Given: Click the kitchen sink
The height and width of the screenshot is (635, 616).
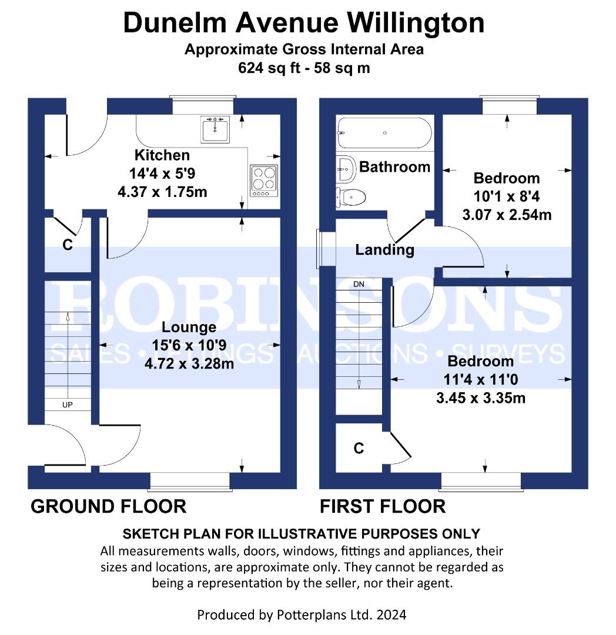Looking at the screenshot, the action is tap(215, 129).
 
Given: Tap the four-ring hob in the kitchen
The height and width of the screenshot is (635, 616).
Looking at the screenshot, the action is tap(264, 181).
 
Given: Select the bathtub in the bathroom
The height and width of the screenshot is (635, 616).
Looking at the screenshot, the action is tap(384, 133).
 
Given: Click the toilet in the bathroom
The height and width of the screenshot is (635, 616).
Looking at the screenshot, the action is tap(351, 198).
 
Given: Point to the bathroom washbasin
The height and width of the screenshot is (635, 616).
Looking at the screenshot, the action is tap(346, 169).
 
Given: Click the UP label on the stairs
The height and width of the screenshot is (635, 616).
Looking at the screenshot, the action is tap(68, 405).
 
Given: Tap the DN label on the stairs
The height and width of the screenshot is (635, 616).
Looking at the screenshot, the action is tap(359, 285).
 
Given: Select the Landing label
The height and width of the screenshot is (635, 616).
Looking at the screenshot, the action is tap(384, 250).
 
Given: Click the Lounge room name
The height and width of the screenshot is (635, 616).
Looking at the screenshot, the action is tap(189, 327).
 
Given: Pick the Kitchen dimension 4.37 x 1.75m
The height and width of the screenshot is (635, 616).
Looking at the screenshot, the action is tap(162, 192).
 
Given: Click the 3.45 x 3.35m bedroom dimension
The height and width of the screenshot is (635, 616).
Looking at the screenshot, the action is tap(481, 397).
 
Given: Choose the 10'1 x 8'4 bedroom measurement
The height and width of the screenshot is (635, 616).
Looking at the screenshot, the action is tap(507, 196).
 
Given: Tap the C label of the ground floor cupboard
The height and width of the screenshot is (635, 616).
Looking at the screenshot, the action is tap(68, 245).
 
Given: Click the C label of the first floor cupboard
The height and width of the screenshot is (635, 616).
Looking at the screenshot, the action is tap(359, 448).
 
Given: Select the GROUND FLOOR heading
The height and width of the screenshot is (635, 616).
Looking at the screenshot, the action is tap(109, 507).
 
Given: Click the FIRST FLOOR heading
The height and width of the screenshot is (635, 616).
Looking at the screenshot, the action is tap(383, 507).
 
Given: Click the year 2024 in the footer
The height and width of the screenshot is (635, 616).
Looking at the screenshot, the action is tap(391, 615).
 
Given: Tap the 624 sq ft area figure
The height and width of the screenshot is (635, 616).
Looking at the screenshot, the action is tap(269, 68).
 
